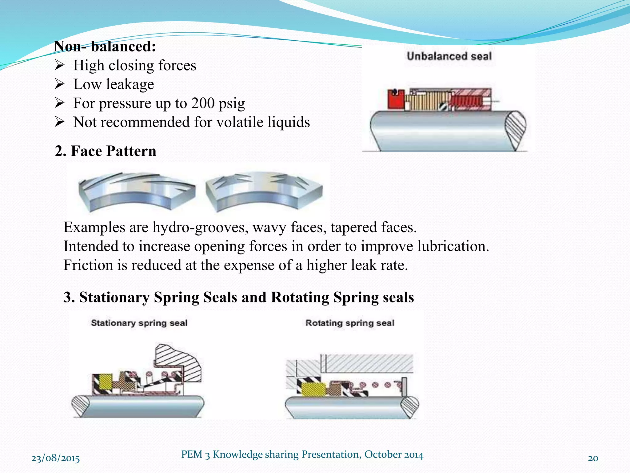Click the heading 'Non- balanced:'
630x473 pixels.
(x=105, y=46)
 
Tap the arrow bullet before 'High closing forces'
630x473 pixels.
(x=59, y=65)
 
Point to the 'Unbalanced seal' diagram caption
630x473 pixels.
(x=449, y=56)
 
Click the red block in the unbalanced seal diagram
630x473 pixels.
(x=396, y=99)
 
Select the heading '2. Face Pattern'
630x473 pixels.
(x=106, y=151)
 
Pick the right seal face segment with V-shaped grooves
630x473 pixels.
(x=264, y=191)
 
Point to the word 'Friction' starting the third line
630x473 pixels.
(x=88, y=265)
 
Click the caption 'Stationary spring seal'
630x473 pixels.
(x=139, y=323)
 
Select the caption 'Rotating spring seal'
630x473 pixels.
(x=350, y=323)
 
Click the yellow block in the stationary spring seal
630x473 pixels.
(x=106, y=382)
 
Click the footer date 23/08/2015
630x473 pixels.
(x=56, y=459)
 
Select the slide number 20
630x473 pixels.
(x=593, y=458)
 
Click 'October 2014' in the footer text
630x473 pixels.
(x=394, y=455)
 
